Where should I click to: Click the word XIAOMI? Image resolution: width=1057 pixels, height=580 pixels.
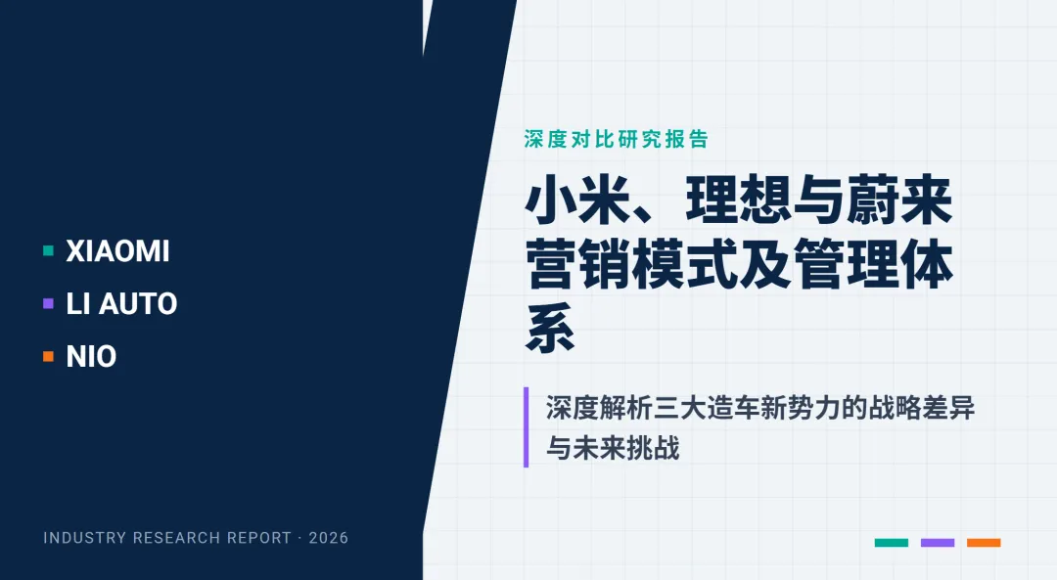(x=117, y=251)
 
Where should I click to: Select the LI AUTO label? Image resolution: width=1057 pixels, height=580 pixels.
(x=121, y=304)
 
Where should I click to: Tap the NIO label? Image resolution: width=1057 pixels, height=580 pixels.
(x=91, y=357)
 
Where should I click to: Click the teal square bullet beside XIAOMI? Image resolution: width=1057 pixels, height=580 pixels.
(x=48, y=251)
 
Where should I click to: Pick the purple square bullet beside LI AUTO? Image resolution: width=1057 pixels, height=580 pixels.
(x=48, y=304)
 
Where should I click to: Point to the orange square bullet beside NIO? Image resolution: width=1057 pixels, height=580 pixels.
(x=48, y=357)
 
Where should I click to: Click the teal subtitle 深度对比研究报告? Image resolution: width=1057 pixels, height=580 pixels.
(x=616, y=139)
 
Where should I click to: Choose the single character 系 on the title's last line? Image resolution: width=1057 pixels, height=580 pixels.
(x=551, y=330)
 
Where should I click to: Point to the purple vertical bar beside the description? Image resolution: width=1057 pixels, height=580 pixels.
(x=527, y=426)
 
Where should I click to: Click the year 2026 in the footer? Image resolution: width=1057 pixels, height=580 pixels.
(x=328, y=538)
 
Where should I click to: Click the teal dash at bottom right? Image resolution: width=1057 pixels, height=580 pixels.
(x=891, y=542)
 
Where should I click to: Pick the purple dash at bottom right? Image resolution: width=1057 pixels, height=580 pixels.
(x=938, y=542)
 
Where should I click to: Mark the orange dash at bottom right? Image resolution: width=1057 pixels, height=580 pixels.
(x=984, y=542)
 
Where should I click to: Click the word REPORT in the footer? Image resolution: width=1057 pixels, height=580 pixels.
(x=258, y=538)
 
